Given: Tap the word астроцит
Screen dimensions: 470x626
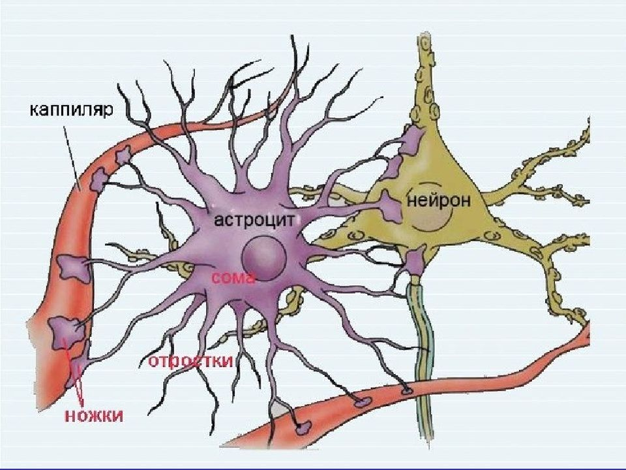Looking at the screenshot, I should [255, 219].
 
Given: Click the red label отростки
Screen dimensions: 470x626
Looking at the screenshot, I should [190, 361].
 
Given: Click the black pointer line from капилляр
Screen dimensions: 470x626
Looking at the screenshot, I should [72, 153].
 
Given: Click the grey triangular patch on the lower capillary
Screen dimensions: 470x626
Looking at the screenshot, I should [279, 408].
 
